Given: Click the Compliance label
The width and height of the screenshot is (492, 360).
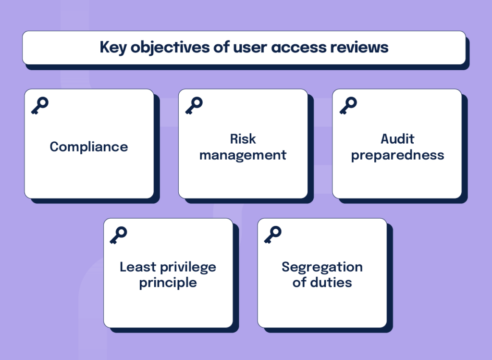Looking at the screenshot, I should (89, 147).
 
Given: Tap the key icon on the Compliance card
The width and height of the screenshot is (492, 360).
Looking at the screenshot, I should (40, 105).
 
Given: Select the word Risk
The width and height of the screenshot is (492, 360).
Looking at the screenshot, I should (243, 139).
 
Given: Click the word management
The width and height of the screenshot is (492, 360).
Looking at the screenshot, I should (243, 155).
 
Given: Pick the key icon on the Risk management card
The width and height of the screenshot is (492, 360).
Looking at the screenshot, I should (194, 105).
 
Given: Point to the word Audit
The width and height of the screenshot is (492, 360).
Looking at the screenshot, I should (397, 139).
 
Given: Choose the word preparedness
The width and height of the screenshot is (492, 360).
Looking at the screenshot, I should (397, 155).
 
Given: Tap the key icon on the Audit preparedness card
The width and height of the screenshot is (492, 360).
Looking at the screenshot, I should (348, 105).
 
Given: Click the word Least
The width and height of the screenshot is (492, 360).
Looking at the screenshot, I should (135, 267).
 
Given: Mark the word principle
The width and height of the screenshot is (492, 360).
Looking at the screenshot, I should (168, 283).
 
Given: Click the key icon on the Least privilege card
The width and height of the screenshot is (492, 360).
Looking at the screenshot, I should (118, 235).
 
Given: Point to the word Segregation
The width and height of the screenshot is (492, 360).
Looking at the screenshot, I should (322, 267).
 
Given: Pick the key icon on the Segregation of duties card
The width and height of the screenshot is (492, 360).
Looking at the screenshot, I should (272, 235).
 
